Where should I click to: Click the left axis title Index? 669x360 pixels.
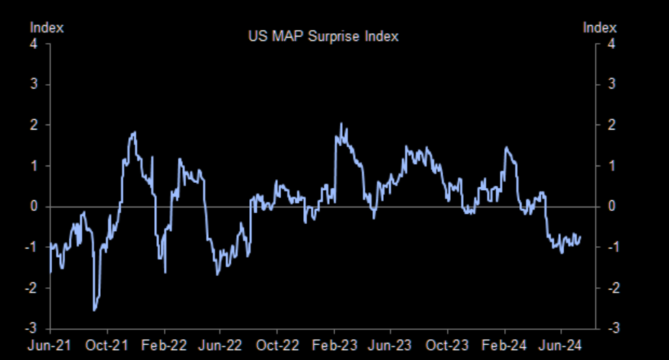click(x=47, y=27)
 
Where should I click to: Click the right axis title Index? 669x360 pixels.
click(x=599, y=27)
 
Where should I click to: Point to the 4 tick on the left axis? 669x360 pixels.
click(x=34, y=44)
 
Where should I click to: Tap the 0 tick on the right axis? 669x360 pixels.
click(x=611, y=207)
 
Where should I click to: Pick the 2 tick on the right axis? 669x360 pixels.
click(x=611, y=125)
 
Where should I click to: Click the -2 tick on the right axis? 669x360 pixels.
click(x=614, y=288)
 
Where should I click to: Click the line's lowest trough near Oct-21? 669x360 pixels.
click(x=94, y=310)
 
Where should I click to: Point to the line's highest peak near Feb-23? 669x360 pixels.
click(x=341, y=124)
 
